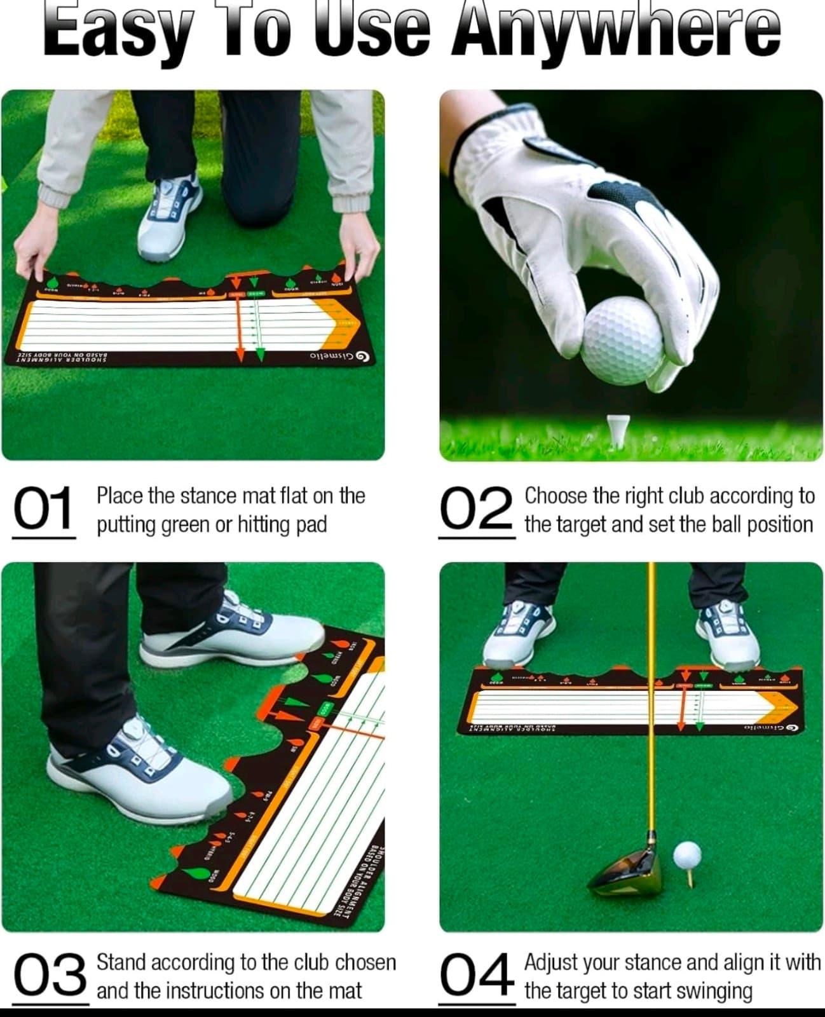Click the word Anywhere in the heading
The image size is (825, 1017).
coord(615,31)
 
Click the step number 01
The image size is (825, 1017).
coord(43,508)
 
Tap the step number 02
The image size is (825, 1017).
coord(476,508)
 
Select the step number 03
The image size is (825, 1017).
coord(50,976)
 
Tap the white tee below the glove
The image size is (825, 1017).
coord(617,429)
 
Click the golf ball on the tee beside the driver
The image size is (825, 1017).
coord(686,854)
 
